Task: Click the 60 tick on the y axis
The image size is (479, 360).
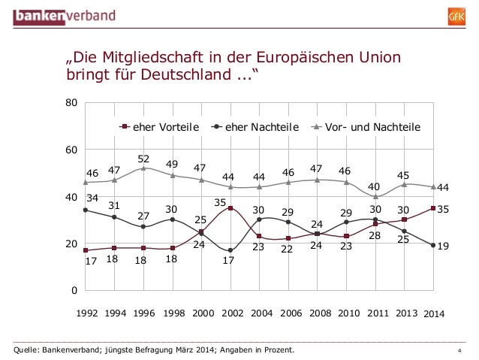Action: tap(69, 150)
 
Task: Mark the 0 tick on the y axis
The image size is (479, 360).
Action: tap(72, 291)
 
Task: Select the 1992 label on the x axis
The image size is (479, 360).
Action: tap(87, 313)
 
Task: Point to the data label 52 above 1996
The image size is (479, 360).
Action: tap(143, 159)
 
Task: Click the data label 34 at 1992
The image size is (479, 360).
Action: tap(92, 198)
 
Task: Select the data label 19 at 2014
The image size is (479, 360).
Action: tap(443, 245)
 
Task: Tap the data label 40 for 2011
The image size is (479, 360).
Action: tap(374, 186)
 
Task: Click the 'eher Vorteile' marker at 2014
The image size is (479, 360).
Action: tap(433, 208)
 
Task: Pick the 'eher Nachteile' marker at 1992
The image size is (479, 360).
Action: tap(86, 210)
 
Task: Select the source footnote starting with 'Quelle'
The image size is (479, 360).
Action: tap(149, 349)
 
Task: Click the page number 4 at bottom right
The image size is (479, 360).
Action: tap(459, 350)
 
